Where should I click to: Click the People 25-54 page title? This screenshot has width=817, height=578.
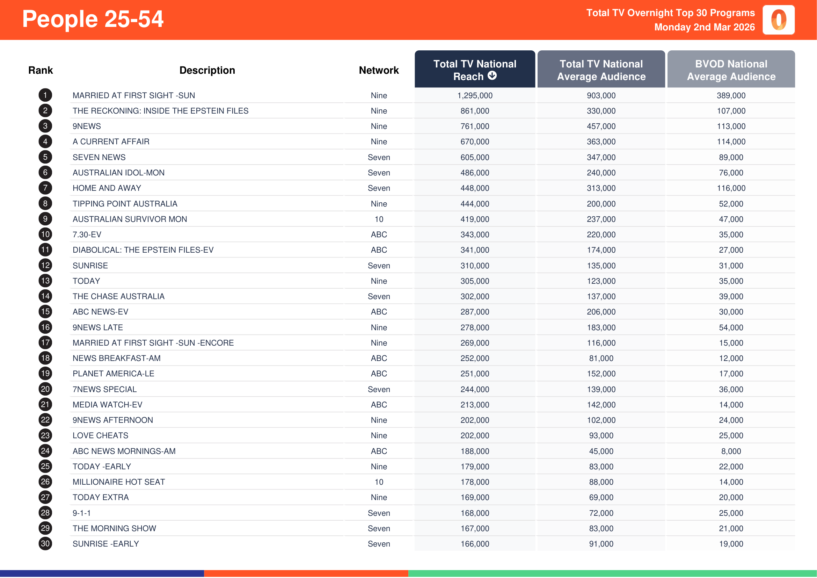pyautogui.click(x=93, y=19)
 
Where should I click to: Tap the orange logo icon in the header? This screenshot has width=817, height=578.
pyautogui.click(x=778, y=20)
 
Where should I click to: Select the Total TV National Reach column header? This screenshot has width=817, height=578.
pyautogui.click(x=474, y=70)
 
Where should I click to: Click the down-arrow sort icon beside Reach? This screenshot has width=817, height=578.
pyautogui.click(x=492, y=75)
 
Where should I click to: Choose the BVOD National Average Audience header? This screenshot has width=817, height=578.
pyautogui.click(x=731, y=70)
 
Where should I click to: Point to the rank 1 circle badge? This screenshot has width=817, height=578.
pyautogui.click(x=45, y=95)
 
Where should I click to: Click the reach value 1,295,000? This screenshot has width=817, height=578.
pyautogui.click(x=475, y=95)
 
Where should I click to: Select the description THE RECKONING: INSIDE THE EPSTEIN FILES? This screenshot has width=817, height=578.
pyautogui.click(x=160, y=111)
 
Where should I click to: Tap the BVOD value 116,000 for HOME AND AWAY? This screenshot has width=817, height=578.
pyautogui.click(x=731, y=188)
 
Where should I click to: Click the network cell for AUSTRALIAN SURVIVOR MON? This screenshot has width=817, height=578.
pyautogui.click(x=379, y=219)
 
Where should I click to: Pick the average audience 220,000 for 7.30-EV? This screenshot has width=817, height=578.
pyautogui.click(x=601, y=234)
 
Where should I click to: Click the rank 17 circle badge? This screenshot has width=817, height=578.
pyautogui.click(x=45, y=343)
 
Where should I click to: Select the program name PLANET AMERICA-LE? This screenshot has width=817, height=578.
pyautogui.click(x=114, y=374)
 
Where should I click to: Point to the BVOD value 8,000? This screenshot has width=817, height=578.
pyautogui.click(x=731, y=451)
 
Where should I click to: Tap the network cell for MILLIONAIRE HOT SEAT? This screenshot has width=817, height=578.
pyautogui.click(x=379, y=482)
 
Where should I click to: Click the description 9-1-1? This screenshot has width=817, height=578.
pyautogui.click(x=81, y=513)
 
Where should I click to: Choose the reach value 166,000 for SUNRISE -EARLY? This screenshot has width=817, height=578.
pyautogui.click(x=475, y=544)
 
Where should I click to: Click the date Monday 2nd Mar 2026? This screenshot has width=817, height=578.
pyautogui.click(x=704, y=27)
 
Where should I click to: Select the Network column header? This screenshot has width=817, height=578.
pyautogui.click(x=379, y=70)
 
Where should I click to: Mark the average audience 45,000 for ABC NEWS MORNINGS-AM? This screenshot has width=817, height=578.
pyautogui.click(x=601, y=451)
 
